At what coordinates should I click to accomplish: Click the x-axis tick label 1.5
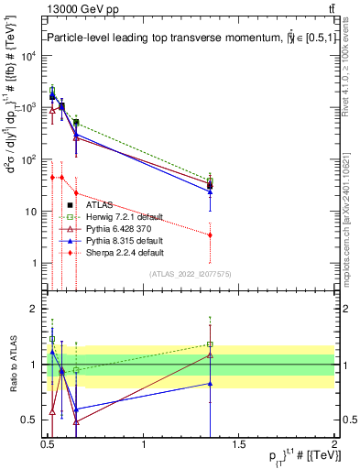point(240,445)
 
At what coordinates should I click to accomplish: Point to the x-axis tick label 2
point(335,445)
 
